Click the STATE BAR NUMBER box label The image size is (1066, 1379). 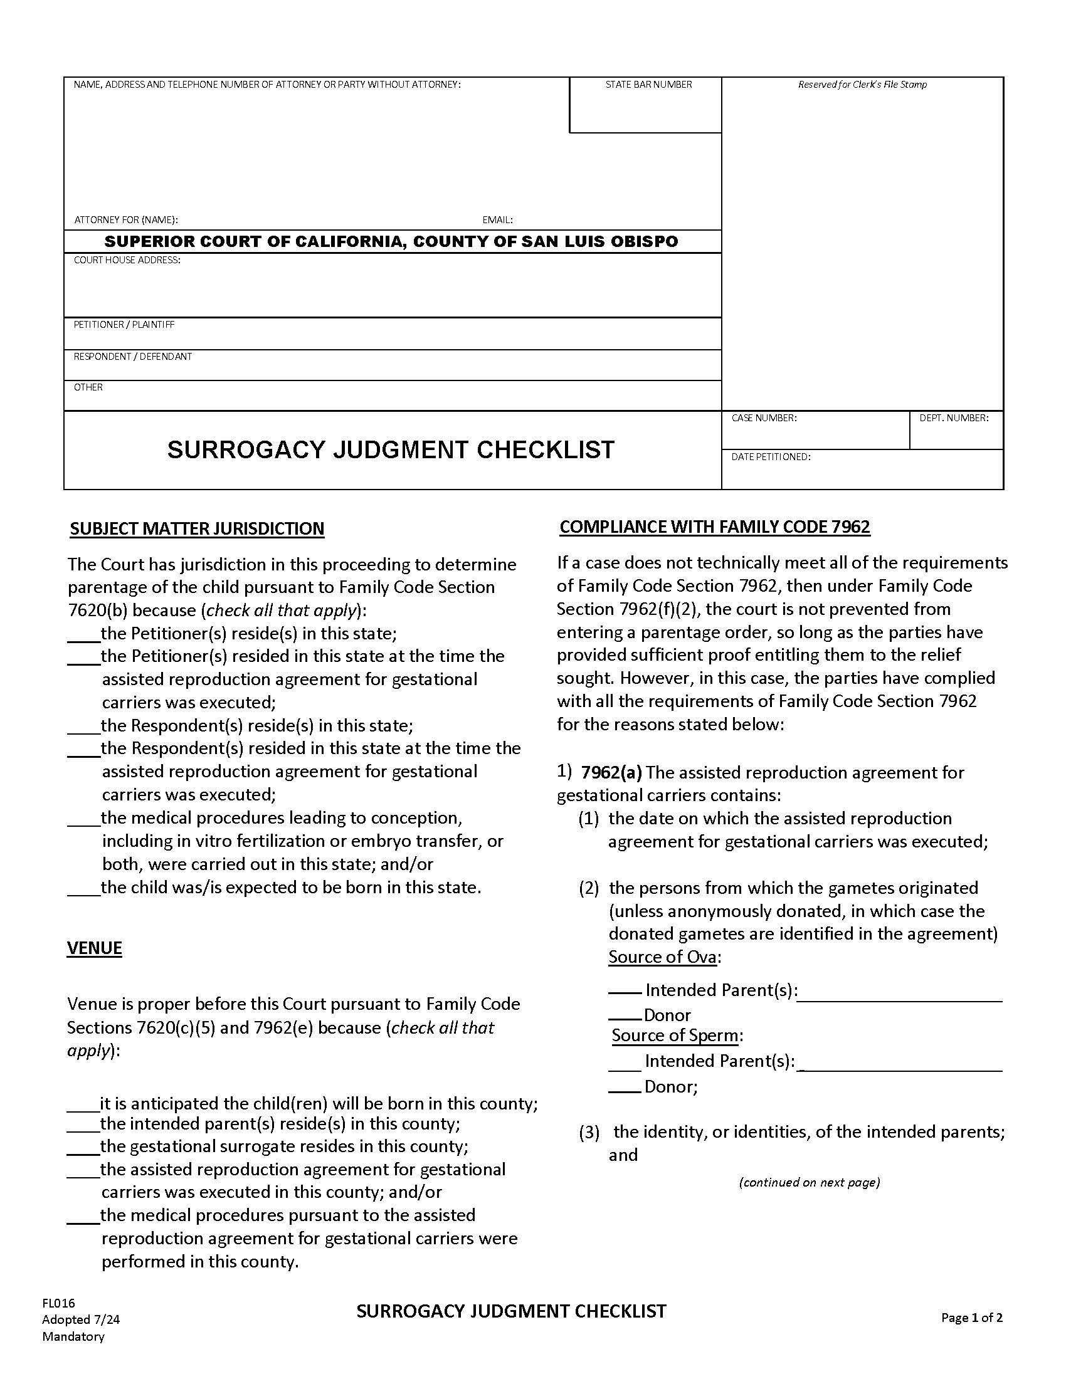click(648, 85)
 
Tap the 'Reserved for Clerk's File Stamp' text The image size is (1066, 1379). click(862, 85)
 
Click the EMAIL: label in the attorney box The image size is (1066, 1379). click(497, 220)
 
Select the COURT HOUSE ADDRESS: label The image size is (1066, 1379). click(127, 260)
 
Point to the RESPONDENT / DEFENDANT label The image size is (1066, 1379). click(132, 356)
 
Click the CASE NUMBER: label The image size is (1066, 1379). click(764, 418)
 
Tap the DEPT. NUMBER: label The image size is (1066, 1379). click(953, 418)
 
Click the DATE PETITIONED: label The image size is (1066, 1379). click(771, 456)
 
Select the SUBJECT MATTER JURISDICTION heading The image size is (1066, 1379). click(197, 528)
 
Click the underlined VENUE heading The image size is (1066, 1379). click(94, 948)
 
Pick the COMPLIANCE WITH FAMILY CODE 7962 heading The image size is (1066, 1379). click(714, 527)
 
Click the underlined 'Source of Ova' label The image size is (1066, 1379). click(662, 957)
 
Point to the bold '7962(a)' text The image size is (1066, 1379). click(611, 772)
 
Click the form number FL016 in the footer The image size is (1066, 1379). click(58, 1303)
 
